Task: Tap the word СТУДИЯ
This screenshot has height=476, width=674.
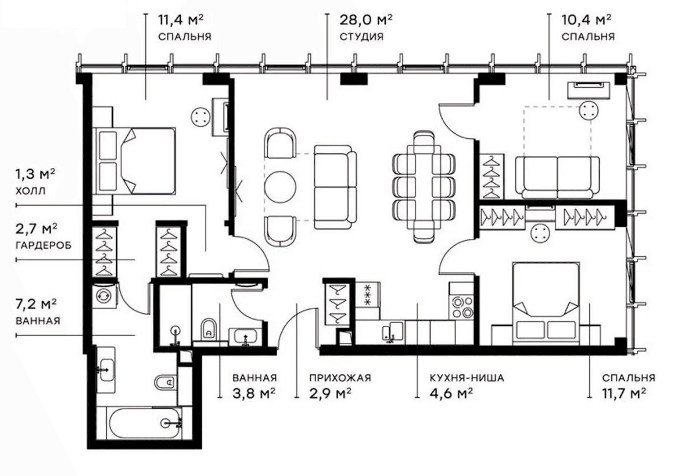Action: [x=361, y=36]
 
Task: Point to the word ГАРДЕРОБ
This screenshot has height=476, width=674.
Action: [x=44, y=245]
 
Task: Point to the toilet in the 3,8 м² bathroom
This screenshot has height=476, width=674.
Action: [x=207, y=329]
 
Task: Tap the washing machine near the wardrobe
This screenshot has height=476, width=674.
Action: [x=105, y=295]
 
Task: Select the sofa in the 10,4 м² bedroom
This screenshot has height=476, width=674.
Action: [x=560, y=177]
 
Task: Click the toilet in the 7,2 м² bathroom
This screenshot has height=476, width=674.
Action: [x=164, y=382]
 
